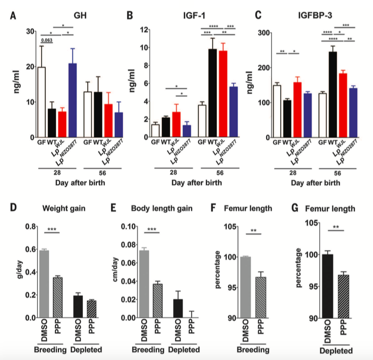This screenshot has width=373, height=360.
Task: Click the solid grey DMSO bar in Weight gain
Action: click(44, 284)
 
